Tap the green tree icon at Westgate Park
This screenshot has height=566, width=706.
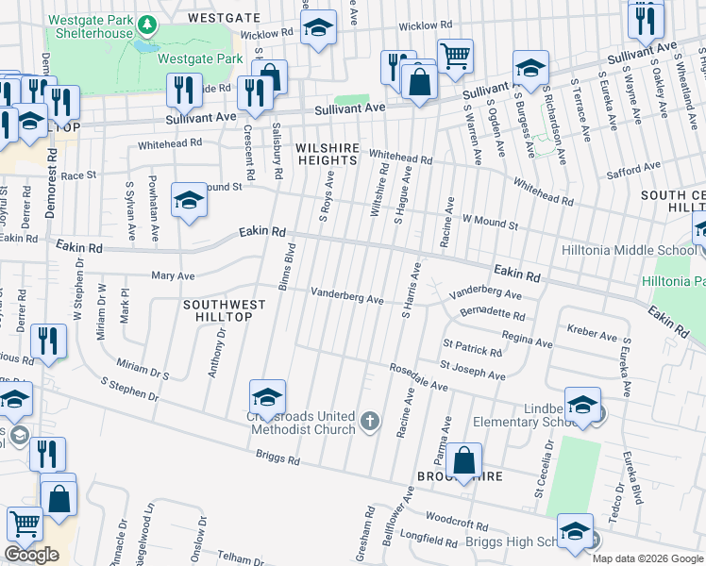coord(146,23)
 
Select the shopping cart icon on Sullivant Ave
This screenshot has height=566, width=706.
coord(455,58)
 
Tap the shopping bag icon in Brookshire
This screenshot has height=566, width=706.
coord(464,462)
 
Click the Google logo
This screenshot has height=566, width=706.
coord(32,555)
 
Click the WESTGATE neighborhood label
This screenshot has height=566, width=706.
coord(224,17)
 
